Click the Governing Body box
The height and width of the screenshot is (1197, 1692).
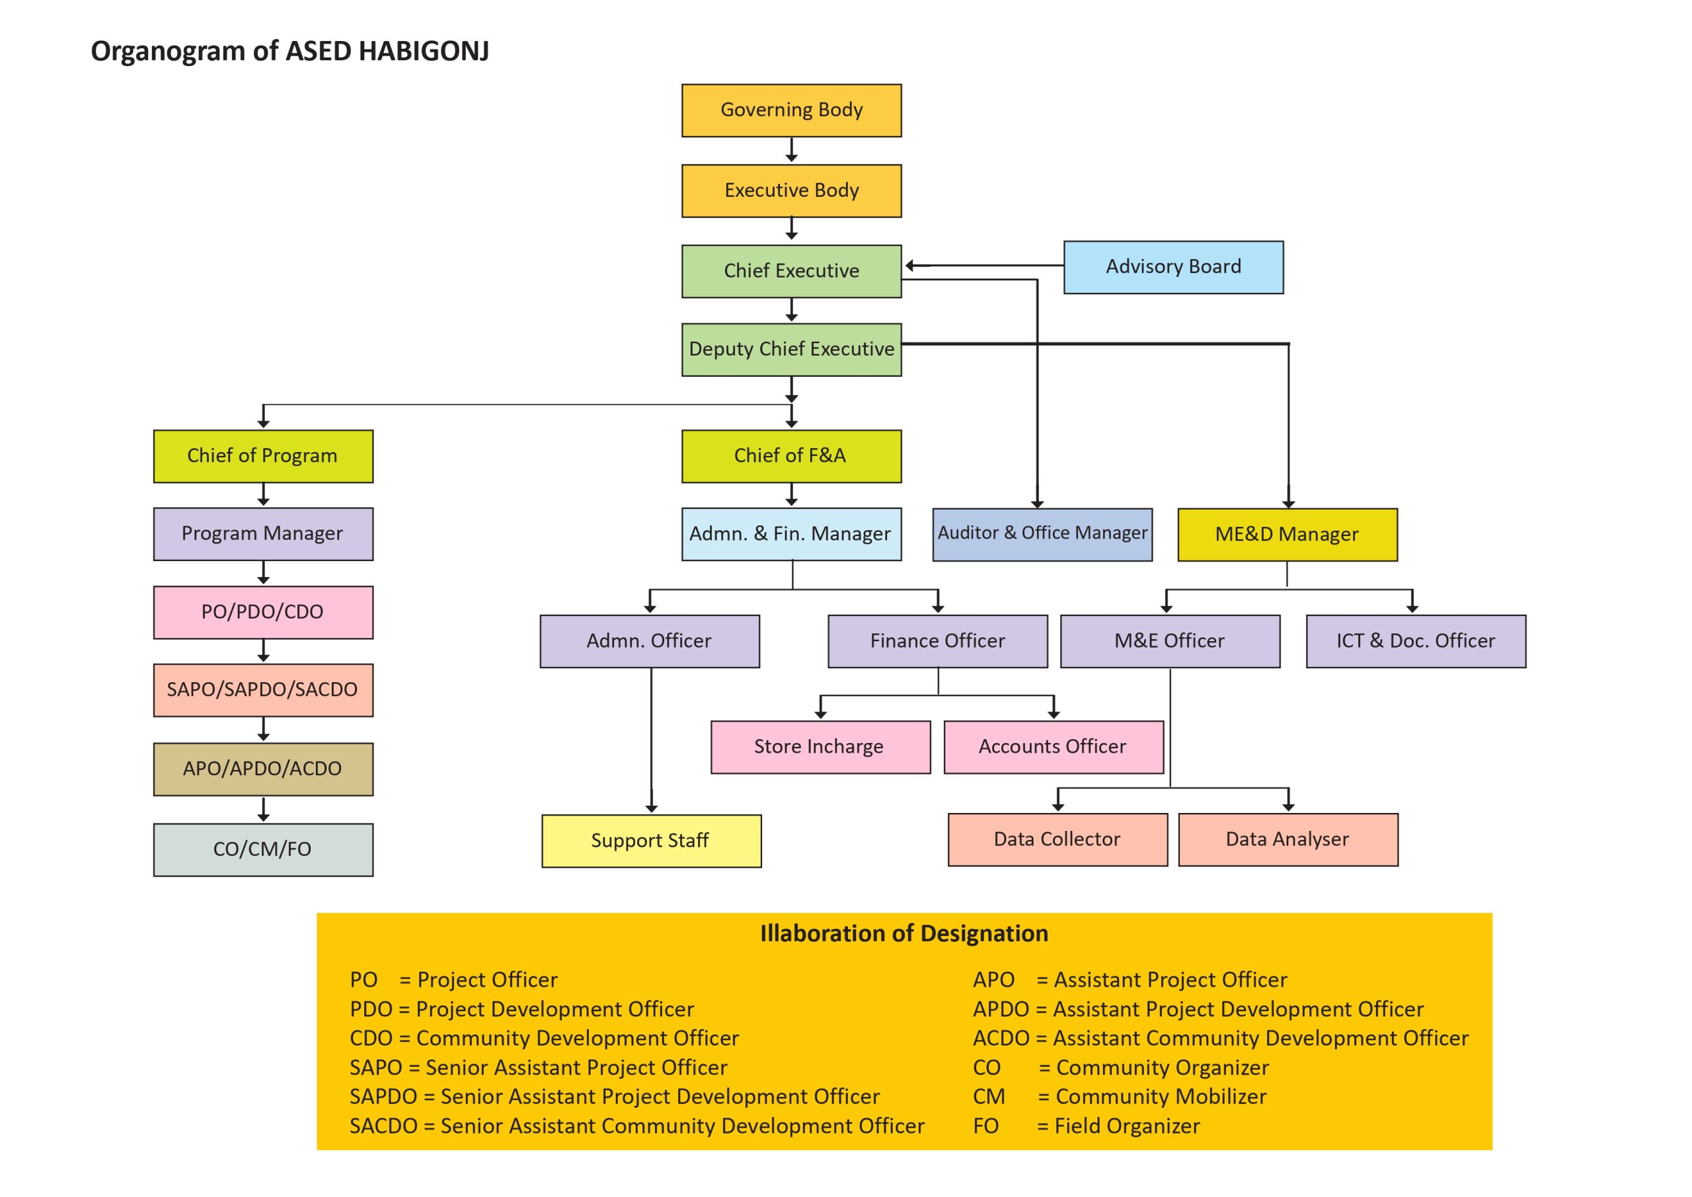click(791, 110)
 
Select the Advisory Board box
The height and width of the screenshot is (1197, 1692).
click(1173, 268)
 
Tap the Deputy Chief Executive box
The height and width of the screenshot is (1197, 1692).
click(791, 350)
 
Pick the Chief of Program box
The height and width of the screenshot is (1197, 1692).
click(263, 456)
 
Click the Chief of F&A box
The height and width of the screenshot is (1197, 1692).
click(791, 456)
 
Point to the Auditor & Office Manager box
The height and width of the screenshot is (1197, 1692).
click(1042, 534)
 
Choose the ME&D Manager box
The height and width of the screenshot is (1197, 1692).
click(1288, 534)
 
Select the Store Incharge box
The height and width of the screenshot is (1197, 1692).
click(820, 748)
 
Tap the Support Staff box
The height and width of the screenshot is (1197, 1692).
click(652, 841)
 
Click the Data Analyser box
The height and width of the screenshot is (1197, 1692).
click(1288, 839)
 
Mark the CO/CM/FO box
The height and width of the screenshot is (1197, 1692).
click(263, 850)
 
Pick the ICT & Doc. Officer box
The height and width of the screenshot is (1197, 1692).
click(1416, 641)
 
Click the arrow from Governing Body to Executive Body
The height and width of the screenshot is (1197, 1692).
click(791, 149)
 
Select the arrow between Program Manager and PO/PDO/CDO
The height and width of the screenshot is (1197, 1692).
click(263, 572)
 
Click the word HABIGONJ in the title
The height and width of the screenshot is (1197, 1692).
click(424, 51)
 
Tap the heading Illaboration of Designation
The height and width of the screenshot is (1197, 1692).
click(904, 933)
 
